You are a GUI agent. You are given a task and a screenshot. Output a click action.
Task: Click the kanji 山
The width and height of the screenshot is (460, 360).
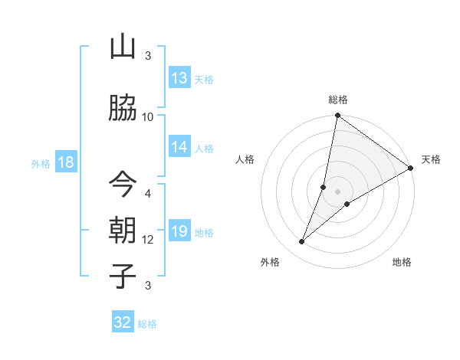[x=123, y=47]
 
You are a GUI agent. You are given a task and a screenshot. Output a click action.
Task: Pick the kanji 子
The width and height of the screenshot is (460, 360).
[x=123, y=275]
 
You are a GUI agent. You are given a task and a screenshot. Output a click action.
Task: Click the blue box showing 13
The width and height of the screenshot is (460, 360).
[x=179, y=78]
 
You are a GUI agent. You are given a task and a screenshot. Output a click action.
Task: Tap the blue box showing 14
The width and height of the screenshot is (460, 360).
[x=179, y=147]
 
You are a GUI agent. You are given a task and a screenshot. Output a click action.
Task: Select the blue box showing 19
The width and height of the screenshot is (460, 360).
[x=179, y=231]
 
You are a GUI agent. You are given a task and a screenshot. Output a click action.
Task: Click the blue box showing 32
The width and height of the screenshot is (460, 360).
[x=123, y=322]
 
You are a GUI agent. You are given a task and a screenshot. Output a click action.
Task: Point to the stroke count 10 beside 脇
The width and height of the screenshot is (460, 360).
[x=148, y=116]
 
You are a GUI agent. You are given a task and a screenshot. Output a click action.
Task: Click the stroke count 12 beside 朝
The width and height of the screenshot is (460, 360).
[x=148, y=240]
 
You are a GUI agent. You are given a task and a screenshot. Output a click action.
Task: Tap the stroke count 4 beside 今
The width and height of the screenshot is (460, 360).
[x=148, y=193]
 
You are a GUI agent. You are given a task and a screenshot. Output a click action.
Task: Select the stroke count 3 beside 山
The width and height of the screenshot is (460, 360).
[x=148, y=56]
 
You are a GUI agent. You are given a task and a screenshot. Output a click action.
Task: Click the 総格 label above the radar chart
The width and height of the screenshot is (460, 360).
[x=338, y=100]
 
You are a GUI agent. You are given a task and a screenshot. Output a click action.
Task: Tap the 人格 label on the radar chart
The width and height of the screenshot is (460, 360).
[x=245, y=159]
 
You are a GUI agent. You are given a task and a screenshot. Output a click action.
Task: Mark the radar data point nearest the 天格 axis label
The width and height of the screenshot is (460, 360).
[x=411, y=169]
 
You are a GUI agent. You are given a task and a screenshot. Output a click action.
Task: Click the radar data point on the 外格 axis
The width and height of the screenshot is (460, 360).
[x=302, y=242]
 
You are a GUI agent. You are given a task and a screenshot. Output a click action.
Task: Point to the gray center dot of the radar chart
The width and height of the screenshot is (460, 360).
[x=338, y=191]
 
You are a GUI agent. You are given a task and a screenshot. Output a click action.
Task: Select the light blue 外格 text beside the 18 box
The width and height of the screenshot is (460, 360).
[x=40, y=163]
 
